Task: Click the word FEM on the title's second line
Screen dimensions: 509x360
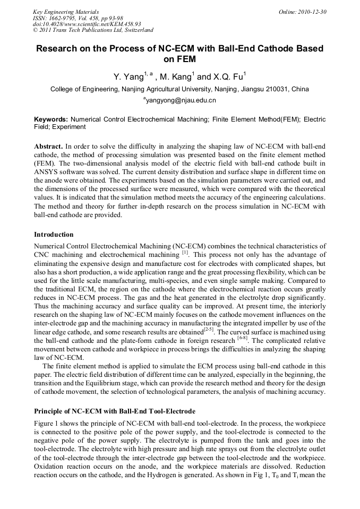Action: point(179,59)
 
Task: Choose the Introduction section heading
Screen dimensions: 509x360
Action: point(54,234)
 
